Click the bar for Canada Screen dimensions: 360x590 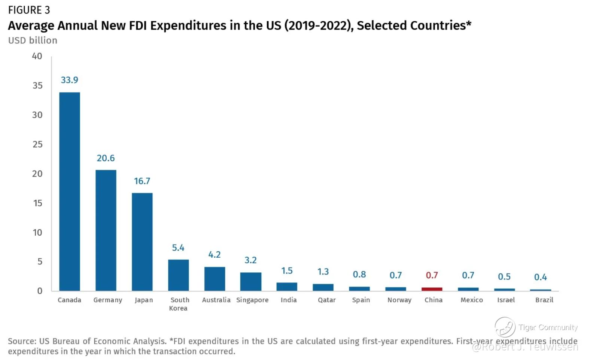[70, 191]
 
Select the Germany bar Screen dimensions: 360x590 [106, 230]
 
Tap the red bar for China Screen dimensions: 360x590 [432, 289]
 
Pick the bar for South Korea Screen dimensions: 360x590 [178, 275]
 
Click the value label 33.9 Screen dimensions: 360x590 [70, 80]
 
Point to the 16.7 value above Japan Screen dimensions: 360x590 [142, 181]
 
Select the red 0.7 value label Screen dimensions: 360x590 [432, 275]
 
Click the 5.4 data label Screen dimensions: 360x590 [178, 248]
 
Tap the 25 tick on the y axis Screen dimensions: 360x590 [37, 144]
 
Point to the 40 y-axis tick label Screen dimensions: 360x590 [37, 56]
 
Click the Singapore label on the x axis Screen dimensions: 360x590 [252, 300]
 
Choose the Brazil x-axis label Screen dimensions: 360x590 [544, 300]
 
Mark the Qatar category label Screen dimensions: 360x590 [326, 300]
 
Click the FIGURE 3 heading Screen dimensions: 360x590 [29, 10]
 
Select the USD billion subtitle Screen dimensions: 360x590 [33, 40]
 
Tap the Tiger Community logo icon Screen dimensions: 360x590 [505, 327]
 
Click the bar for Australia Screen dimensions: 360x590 [215, 279]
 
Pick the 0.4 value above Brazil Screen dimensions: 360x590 [540, 277]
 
